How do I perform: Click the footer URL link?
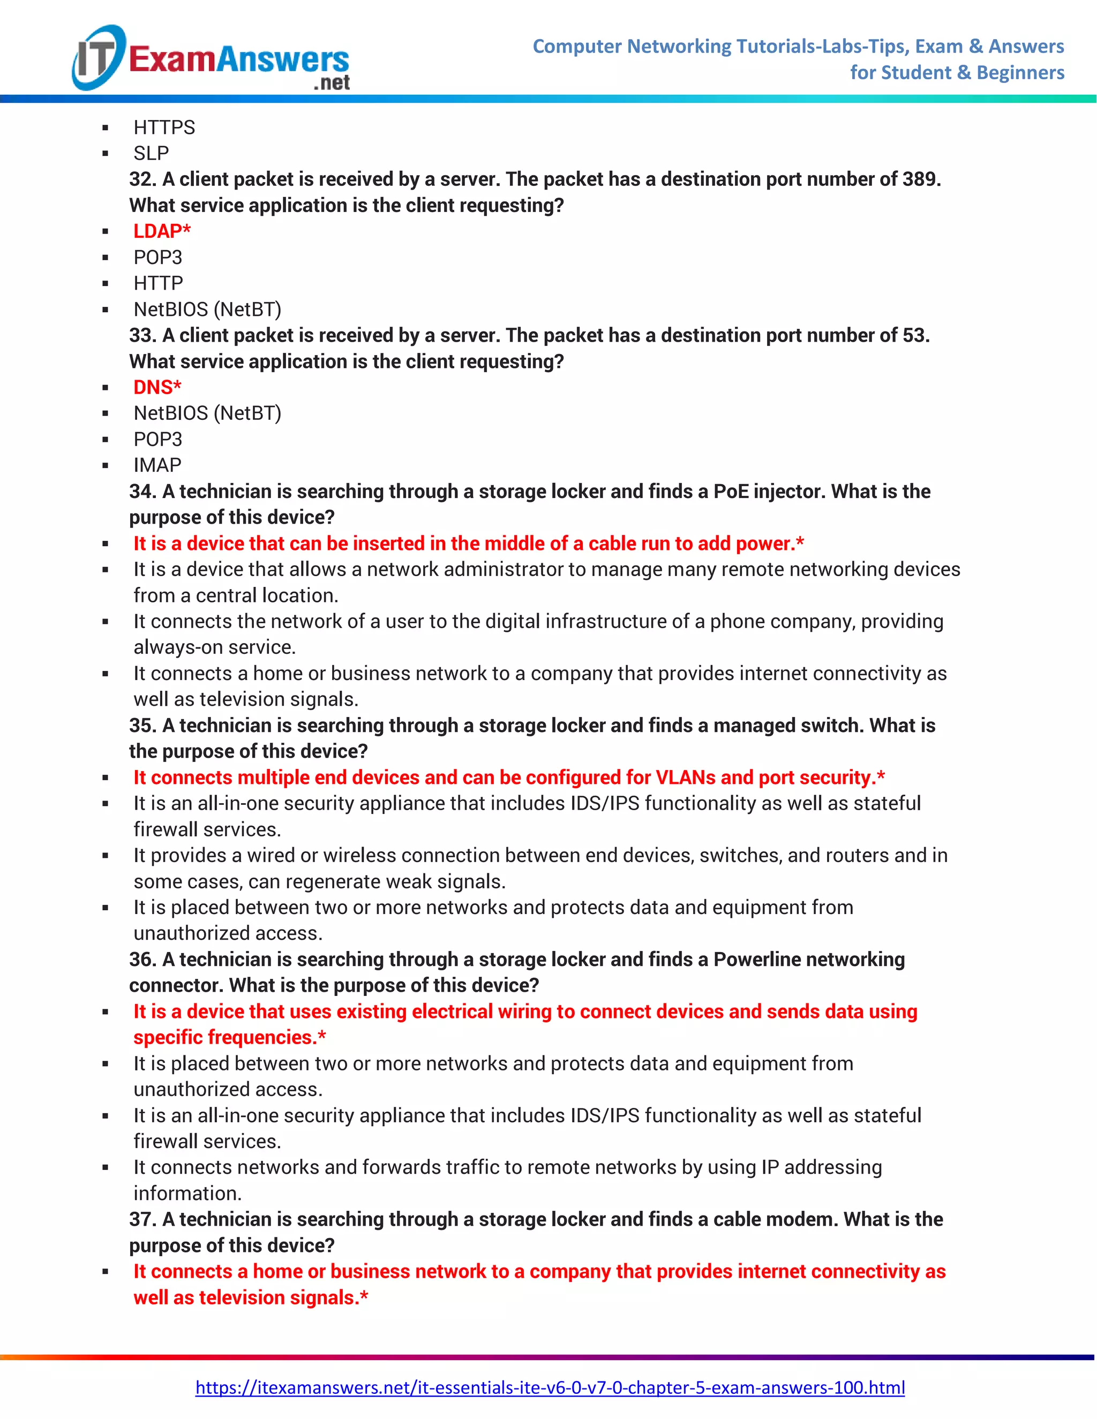pos(550,1387)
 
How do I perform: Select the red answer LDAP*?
pos(162,231)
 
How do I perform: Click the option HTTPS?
pos(164,127)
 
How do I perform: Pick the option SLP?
pos(151,153)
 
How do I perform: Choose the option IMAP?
pos(157,465)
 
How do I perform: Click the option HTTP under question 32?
pos(158,283)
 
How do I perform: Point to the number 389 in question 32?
pos(920,179)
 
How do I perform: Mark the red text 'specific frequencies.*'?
pos(229,1037)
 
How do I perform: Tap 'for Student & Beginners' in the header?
pos(957,73)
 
